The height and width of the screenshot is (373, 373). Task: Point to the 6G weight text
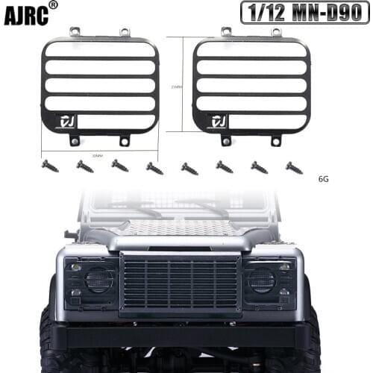click(324, 179)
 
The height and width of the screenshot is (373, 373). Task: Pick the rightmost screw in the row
click(294, 168)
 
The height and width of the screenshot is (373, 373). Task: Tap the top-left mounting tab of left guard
click(75, 32)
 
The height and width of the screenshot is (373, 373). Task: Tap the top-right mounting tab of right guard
click(276, 33)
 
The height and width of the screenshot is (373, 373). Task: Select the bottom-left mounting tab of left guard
click(75, 140)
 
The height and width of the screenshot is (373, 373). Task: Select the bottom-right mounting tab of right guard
click(275, 140)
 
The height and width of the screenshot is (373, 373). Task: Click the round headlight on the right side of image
click(262, 280)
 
